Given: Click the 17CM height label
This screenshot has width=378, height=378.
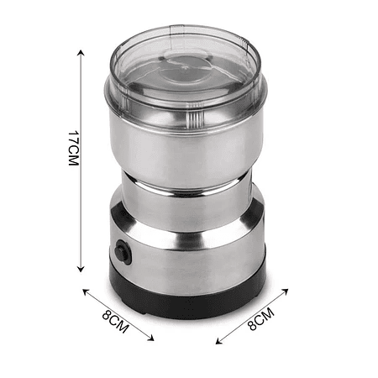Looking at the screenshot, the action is coord(74,149).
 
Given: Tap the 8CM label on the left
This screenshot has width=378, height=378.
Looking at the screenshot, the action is coord(116,322).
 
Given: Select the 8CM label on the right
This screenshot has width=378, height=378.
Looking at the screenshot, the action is coord(261,319).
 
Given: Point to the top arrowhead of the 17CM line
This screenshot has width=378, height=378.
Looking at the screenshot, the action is coord(81,53).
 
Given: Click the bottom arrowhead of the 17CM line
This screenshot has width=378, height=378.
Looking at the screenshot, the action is coord(81,269).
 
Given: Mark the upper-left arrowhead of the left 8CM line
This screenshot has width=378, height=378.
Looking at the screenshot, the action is coord(86,292).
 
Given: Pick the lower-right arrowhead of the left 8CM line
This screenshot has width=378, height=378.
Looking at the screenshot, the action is coord(151,338).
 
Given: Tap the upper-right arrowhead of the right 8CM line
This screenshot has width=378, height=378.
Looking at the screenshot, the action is coord(285,291).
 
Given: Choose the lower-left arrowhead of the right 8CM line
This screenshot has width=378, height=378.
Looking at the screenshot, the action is coord(219,341).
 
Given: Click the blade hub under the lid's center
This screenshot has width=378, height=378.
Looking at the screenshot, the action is coord(185,67).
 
